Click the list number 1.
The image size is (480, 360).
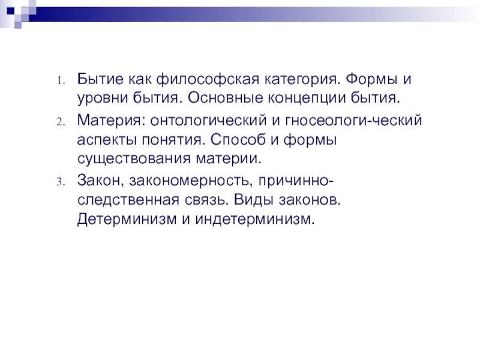coord(61,81)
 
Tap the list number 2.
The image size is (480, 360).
coord(61,122)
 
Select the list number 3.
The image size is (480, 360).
coord(61,182)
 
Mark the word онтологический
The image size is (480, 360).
coord(208,121)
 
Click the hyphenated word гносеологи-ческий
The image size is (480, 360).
coord(353,121)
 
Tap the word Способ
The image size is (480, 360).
coord(238,140)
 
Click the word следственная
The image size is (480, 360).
coord(128,200)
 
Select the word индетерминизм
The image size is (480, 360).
coord(254,219)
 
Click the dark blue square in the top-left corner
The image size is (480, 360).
coord(11,11)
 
